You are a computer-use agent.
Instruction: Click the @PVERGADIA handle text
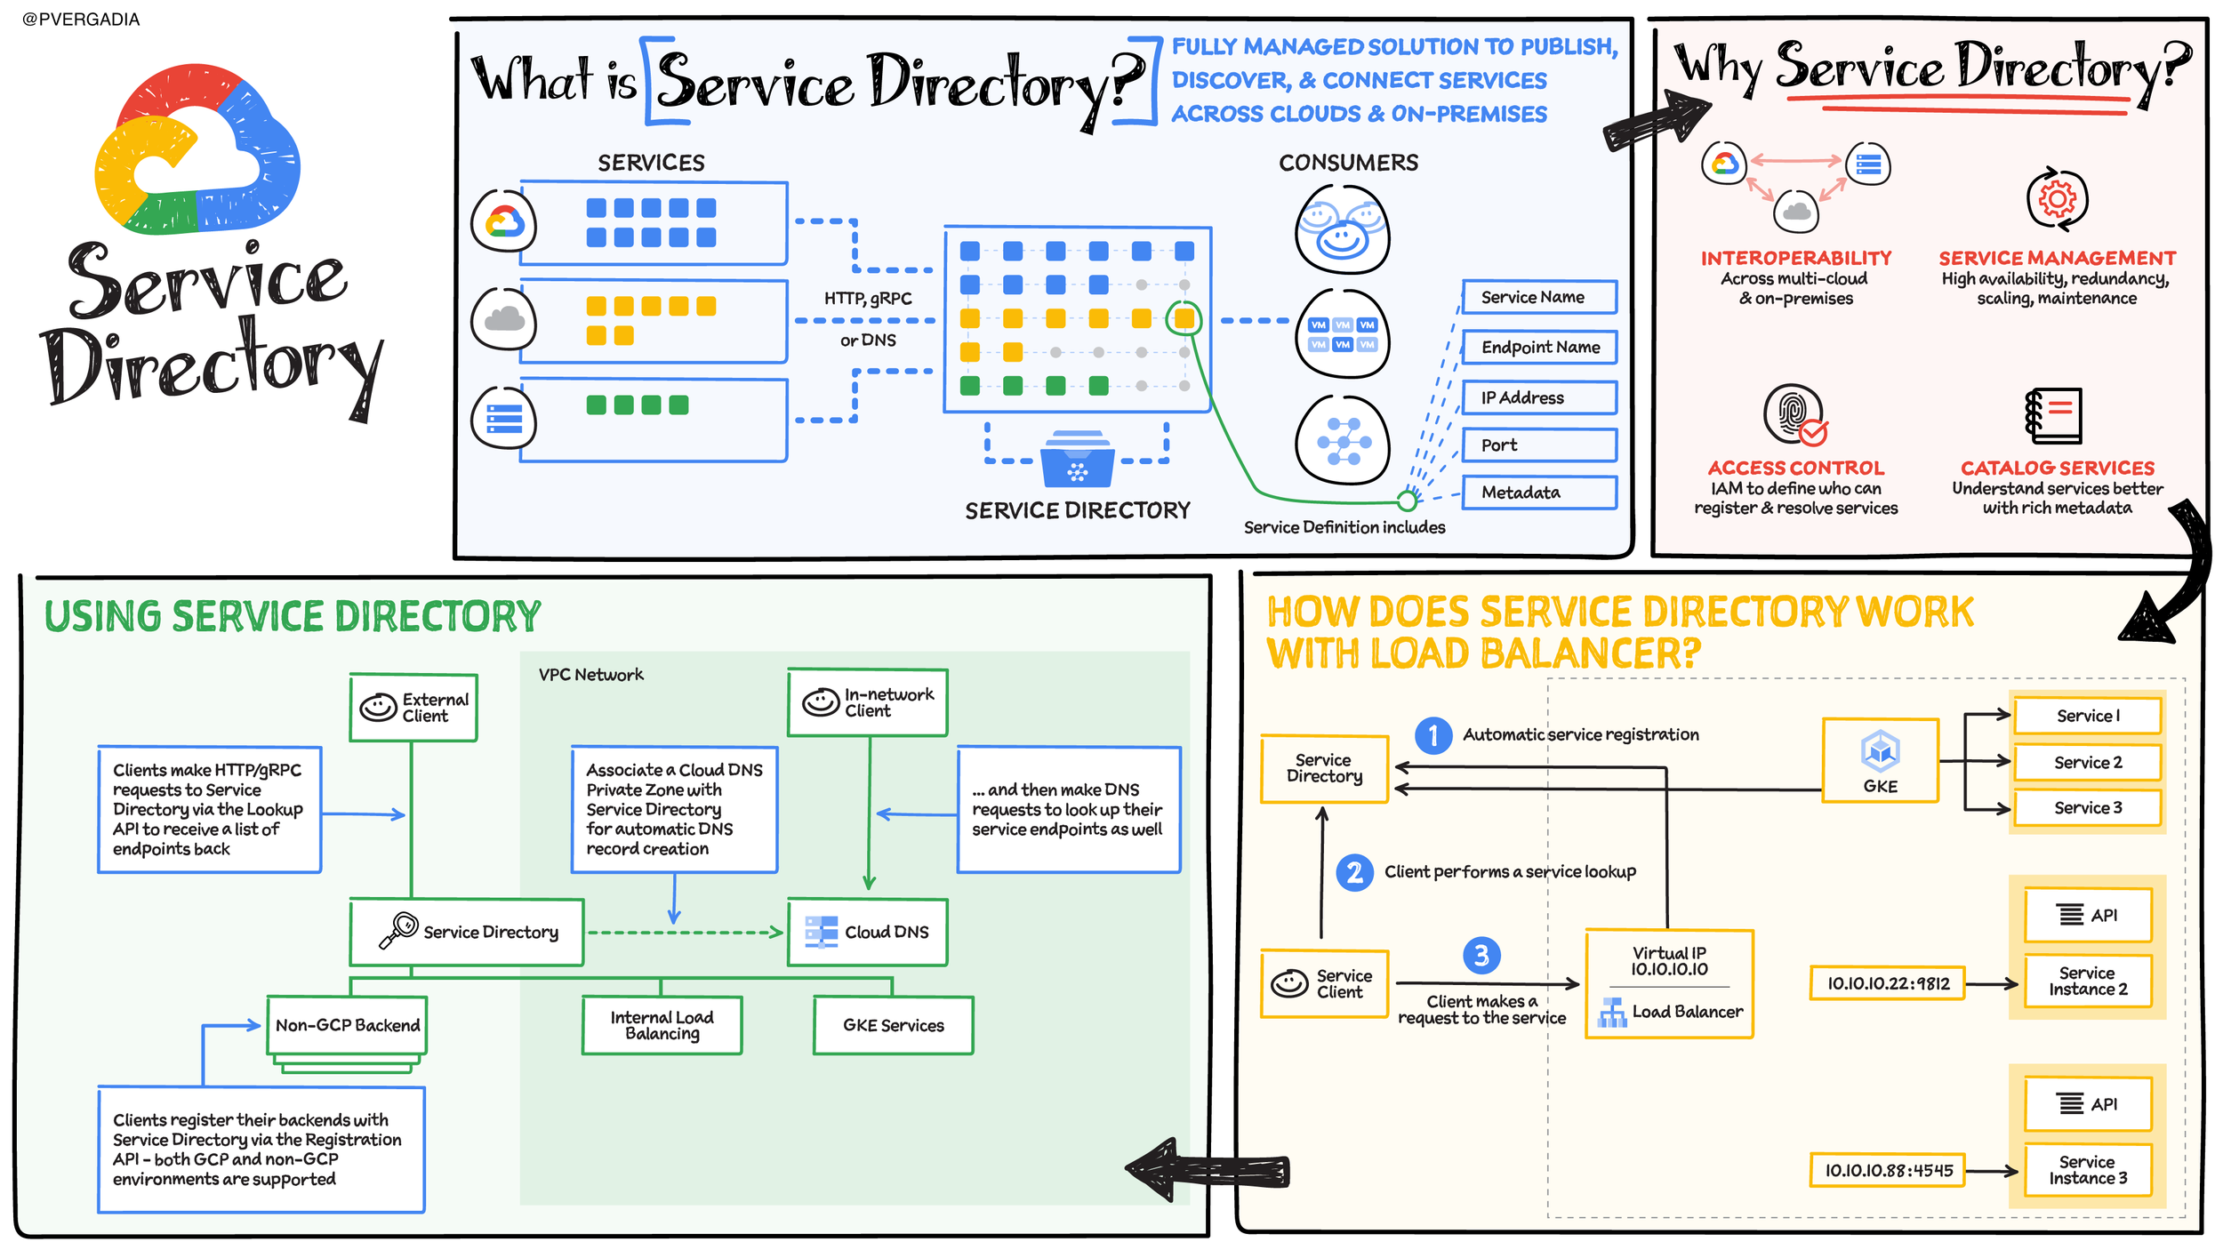coord(81,20)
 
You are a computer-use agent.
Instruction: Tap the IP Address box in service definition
coord(1538,397)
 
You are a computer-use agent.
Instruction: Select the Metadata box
coord(1538,493)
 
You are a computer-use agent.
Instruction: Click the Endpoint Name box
coord(1539,347)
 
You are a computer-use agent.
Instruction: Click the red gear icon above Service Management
coord(2057,198)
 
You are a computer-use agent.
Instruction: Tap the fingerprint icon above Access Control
coord(1793,413)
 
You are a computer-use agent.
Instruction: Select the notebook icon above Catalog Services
coord(2054,415)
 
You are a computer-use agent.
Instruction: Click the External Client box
coord(413,708)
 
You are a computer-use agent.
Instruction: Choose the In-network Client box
coord(868,702)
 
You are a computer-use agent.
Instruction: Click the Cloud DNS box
coord(868,932)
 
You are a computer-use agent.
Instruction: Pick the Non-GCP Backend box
coord(348,1025)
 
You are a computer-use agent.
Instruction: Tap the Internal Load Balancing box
coord(662,1025)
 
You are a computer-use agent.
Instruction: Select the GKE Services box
coord(893,1025)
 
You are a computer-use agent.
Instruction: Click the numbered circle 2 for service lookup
coord(1354,872)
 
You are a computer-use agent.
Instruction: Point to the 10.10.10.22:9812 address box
coord(1887,983)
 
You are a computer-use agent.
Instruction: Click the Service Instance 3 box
coord(2088,1170)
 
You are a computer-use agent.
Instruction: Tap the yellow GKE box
coord(1880,761)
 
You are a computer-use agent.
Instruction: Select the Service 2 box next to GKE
coord(2087,762)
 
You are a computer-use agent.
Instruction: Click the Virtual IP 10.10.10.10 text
coord(1668,961)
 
